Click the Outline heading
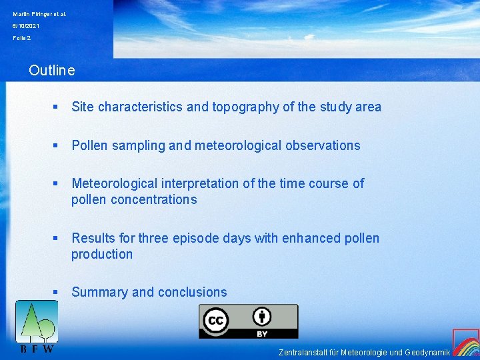click(52, 70)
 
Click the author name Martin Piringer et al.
click(39, 14)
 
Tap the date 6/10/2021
click(26, 26)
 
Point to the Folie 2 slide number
click(22, 38)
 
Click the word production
click(102, 254)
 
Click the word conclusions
click(192, 292)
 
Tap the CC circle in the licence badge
click(216, 321)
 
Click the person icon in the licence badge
click(262, 317)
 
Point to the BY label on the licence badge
click(262, 333)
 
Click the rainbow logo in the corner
click(466, 343)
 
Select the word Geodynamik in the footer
click(427, 352)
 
